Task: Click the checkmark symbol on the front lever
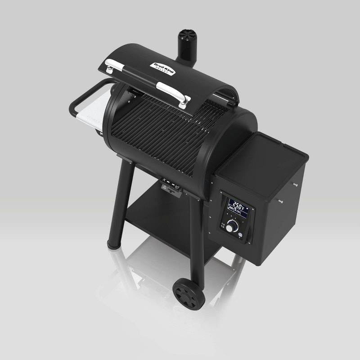click(x=178, y=186)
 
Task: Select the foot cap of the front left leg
click(x=114, y=244)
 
